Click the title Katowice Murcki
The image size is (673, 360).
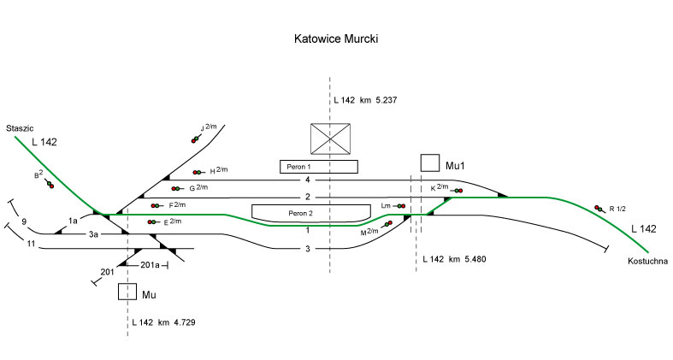tap(336, 39)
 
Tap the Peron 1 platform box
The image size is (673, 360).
tap(318, 166)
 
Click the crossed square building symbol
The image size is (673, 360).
tap(331, 139)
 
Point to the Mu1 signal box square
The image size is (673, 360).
tap(430, 163)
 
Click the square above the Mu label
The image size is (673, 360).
tap(127, 292)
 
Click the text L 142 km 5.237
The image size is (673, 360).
tap(367, 101)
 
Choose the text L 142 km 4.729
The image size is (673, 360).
tap(168, 322)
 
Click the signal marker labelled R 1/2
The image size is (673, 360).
tap(599, 208)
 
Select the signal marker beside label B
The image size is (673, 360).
tap(50, 184)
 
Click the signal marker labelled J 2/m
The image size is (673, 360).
tap(196, 139)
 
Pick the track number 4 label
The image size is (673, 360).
tap(305, 180)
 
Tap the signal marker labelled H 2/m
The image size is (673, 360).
tap(198, 172)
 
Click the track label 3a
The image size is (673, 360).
tap(93, 233)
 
